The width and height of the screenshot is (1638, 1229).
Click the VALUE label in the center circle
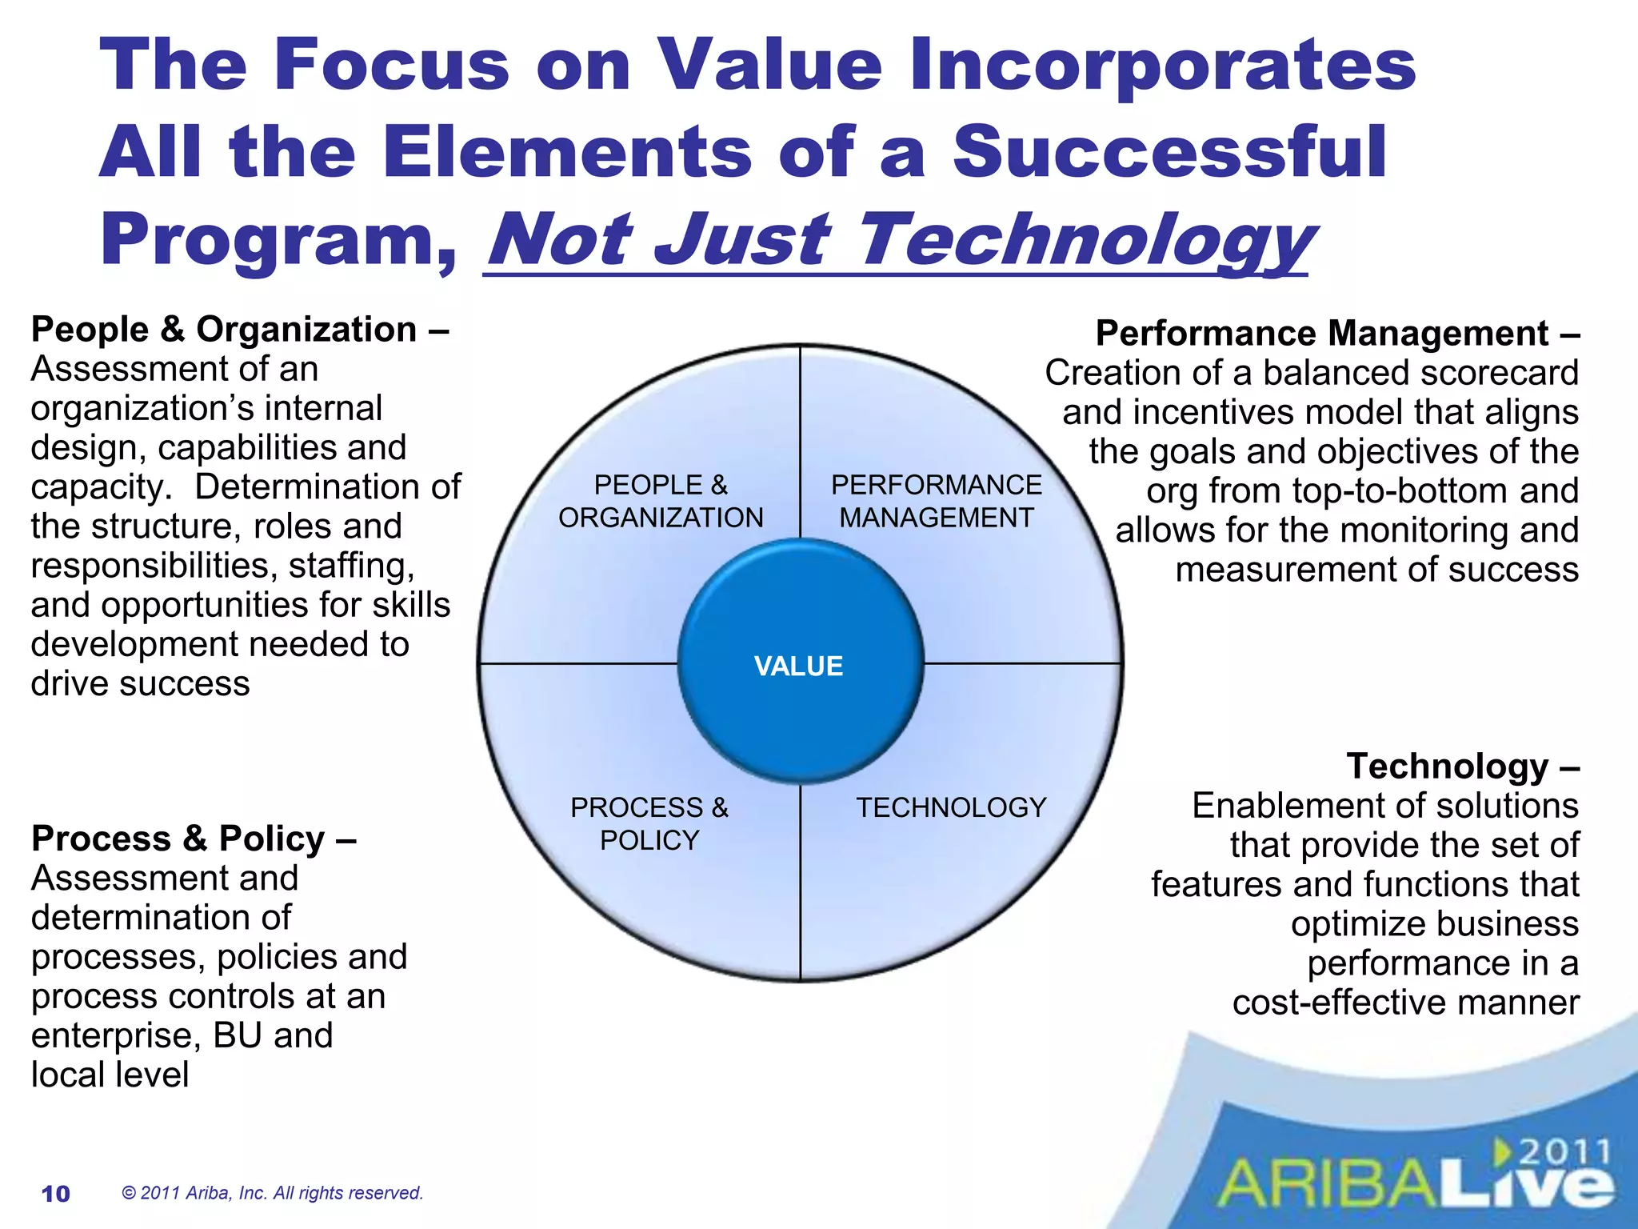tap(798, 667)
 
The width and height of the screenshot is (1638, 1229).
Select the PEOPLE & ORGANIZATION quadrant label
tap(661, 502)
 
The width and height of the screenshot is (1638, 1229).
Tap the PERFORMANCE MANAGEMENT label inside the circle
tap(936, 502)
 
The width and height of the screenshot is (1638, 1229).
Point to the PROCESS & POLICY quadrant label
tap(649, 823)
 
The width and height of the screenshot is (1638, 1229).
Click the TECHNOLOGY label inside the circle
tap(951, 807)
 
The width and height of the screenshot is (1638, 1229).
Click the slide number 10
tap(56, 1194)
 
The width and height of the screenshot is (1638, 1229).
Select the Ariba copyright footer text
tap(272, 1193)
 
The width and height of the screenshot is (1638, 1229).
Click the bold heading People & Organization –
tap(239, 330)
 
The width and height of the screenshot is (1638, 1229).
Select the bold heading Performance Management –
tap(1337, 333)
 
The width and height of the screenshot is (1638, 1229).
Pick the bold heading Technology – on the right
tap(1463, 766)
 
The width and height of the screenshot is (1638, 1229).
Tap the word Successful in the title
tap(1169, 152)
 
